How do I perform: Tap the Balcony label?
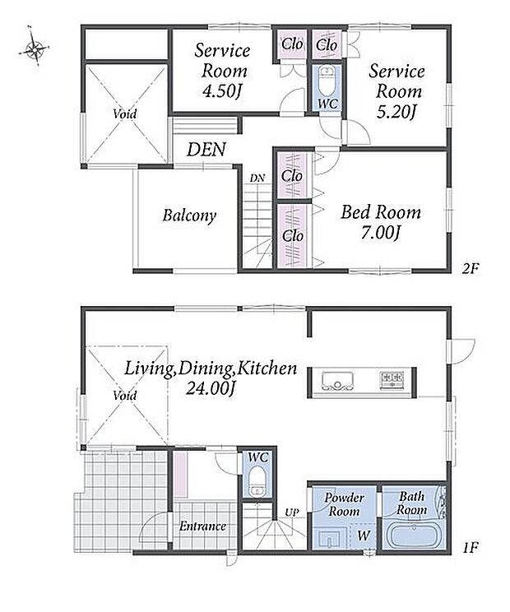pyautogui.click(x=189, y=216)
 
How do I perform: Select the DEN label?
pyautogui.click(x=206, y=150)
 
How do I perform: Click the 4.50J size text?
pyautogui.click(x=221, y=92)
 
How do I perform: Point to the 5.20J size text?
pyautogui.click(x=396, y=113)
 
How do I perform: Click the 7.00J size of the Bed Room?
pyautogui.click(x=381, y=234)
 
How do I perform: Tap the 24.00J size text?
pyautogui.click(x=211, y=389)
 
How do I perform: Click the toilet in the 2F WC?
pyautogui.click(x=327, y=81)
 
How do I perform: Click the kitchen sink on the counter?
pyautogui.click(x=338, y=381)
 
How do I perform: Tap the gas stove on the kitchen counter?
pyautogui.click(x=392, y=379)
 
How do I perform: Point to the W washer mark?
pyautogui.click(x=364, y=535)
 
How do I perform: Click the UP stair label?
pyautogui.click(x=291, y=512)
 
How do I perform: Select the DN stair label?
pyautogui.click(x=257, y=178)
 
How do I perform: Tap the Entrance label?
pyautogui.click(x=202, y=526)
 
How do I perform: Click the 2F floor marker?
pyautogui.click(x=471, y=268)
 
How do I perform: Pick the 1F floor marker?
pyautogui.click(x=471, y=548)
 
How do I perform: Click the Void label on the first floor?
pyautogui.click(x=124, y=396)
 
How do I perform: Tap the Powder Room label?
pyautogui.click(x=344, y=504)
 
